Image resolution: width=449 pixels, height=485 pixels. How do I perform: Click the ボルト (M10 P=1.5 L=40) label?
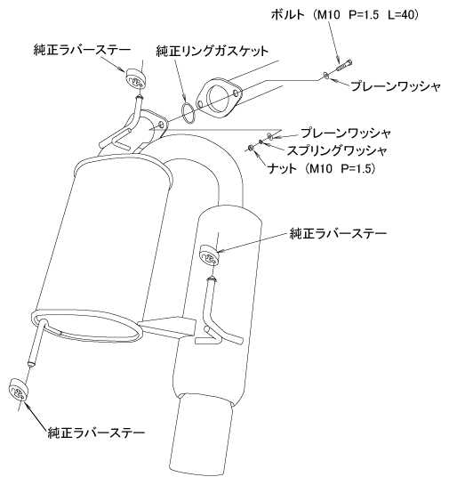[345, 15]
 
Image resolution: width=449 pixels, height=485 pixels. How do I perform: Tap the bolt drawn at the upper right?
[342, 65]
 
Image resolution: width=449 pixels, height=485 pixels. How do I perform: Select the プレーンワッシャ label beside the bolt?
[396, 87]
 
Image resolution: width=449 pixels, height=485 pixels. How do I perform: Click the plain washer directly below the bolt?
[325, 75]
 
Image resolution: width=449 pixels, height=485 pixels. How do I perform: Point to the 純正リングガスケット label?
[212, 52]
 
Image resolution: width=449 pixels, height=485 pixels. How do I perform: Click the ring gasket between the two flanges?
[188, 114]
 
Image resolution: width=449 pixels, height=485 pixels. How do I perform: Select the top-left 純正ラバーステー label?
[82, 51]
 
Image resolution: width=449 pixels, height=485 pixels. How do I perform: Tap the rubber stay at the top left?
[136, 78]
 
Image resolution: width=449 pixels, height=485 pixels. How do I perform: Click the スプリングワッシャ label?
[337, 151]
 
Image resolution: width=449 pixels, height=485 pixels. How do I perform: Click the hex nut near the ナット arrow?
[252, 148]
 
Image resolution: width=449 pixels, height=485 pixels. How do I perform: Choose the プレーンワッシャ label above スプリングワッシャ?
[346, 133]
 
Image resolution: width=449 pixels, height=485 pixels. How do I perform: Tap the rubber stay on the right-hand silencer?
[210, 255]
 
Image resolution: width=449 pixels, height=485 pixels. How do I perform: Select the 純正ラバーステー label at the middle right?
[338, 233]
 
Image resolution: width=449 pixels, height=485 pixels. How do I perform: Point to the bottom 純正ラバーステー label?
[96, 433]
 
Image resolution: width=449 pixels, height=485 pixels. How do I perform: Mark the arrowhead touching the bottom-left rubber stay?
[28, 407]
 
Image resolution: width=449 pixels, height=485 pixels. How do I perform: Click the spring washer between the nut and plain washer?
[261, 141]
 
